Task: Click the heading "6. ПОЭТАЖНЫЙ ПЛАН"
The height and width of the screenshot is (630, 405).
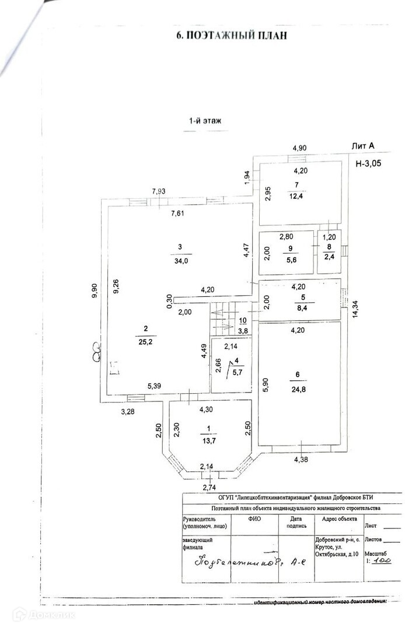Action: [232, 36]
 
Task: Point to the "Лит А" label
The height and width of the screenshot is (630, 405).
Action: [362, 147]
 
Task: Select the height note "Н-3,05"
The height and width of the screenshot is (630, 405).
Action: [368, 163]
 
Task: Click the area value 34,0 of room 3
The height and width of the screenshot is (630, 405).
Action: [180, 260]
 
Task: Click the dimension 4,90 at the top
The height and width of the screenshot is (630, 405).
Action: [299, 148]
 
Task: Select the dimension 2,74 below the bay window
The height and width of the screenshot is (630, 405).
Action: [208, 487]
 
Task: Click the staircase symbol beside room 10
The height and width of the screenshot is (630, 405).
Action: [221, 321]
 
